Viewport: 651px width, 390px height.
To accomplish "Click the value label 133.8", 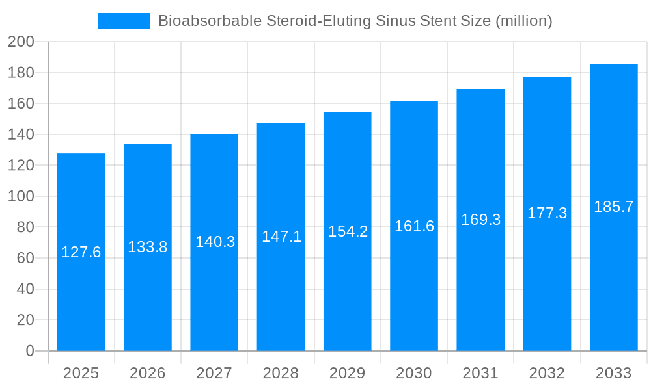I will click(148, 247).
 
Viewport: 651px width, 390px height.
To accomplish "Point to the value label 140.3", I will click(214, 242).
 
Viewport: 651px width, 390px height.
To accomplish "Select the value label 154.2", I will click(348, 231).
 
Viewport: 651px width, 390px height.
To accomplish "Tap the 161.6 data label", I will click(414, 226).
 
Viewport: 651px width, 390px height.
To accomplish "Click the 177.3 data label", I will click(547, 213).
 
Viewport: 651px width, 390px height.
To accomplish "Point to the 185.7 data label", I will click(613, 207).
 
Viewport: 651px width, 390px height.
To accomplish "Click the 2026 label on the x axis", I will click(148, 373).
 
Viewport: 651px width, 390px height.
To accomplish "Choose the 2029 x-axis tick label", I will click(348, 373).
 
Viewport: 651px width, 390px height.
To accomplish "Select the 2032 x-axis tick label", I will click(547, 373).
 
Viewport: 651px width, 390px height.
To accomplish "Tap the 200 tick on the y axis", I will click(21, 42).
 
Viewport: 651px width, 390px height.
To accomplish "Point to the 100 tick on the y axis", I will click(21, 196).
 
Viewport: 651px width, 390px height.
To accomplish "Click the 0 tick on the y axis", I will click(30, 351).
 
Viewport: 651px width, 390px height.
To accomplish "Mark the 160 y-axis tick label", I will click(21, 104).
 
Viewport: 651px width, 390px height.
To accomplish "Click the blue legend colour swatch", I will click(124, 21).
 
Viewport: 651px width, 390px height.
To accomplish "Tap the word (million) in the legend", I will click(523, 21).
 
